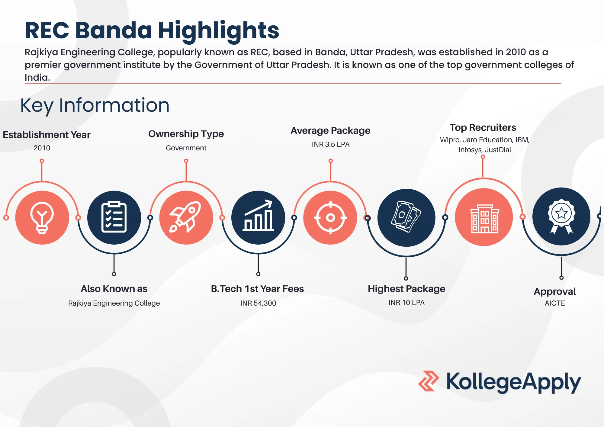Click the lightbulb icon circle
pyautogui.click(x=42, y=217)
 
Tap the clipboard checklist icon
pyautogui.click(x=114, y=217)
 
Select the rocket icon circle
pyautogui.click(x=186, y=217)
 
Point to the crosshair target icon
pyautogui.click(x=330, y=217)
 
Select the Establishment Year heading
pyautogui.click(x=47, y=135)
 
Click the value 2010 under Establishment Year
pyautogui.click(x=42, y=148)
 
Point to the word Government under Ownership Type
pyautogui.click(x=186, y=148)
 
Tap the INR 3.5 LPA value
pyautogui.click(x=331, y=144)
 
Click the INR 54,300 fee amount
pyautogui.click(x=258, y=303)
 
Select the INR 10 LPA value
pyautogui.click(x=406, y=303)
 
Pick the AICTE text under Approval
pyautogui.click(x=555, y=303)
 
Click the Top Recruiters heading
pyautogui.click(x=483, y=127)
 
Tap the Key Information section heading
pyautogui.click(x=95, y=105)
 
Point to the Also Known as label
pyautogui.click(x=114, y=289)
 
